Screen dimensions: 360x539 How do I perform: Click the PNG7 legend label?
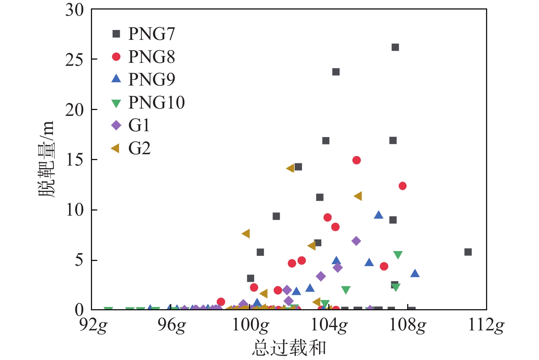click(152, 34)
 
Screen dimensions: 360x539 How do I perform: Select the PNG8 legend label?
click(152, 57)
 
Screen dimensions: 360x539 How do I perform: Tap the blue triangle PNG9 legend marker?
click(116, 79)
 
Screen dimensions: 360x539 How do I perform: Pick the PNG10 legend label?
click(156, 102)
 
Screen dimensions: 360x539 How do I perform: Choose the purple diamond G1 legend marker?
click(116, 125)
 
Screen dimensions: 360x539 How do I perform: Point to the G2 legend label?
click(139, 148)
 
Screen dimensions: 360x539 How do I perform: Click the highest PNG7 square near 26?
click(395, 48)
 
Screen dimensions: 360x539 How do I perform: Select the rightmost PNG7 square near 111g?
click(468, 252)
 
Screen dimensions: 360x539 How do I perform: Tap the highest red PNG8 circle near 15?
click(356, 160)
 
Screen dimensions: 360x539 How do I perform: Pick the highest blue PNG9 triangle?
click(379, 215)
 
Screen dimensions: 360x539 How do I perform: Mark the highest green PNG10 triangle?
click(398, 255)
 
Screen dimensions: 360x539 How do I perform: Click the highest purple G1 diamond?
click(356, 241)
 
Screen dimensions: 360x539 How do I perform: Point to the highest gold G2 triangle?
click(291, 168)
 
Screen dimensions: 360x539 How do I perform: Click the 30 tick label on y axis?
click(74, 10)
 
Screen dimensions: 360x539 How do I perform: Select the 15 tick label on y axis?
click(74, 160)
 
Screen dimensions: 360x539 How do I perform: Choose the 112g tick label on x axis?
click(486, 325)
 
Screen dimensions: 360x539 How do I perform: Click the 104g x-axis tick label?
click(329, 325)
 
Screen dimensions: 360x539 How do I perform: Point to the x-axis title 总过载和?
click(288, 348)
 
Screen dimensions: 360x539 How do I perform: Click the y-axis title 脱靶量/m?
click(46, 159)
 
